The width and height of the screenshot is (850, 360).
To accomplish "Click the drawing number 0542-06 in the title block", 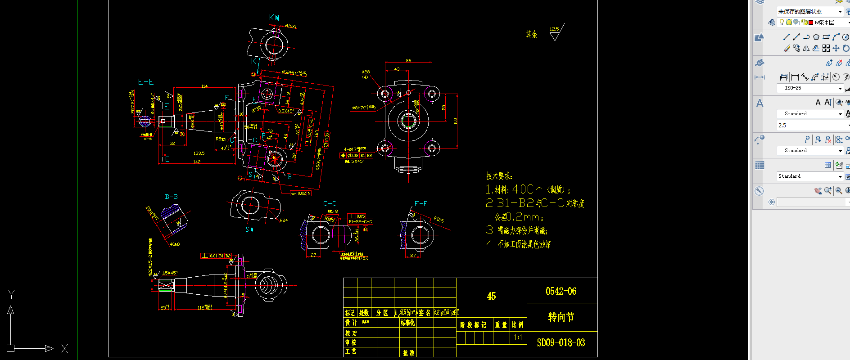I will (561, 291).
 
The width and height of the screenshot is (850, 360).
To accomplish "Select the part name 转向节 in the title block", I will (561, 317).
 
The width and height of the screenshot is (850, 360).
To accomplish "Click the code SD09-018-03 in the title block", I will (561, 343).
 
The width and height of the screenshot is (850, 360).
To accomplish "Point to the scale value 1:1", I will (518, 337).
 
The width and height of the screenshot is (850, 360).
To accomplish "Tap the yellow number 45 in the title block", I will (491, 296).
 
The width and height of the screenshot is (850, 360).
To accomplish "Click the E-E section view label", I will (146, 82).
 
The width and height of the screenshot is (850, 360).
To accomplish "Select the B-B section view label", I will (171, 197).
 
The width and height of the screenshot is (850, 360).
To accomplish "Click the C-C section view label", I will (330, 203).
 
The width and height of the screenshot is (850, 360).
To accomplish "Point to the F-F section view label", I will (421, 203).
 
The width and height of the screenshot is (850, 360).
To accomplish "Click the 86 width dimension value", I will (408, 60).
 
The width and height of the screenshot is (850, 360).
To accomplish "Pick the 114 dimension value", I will (204, 86).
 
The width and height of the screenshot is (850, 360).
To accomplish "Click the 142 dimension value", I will (197, 162).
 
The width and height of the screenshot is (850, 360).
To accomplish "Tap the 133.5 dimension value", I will (199, 153).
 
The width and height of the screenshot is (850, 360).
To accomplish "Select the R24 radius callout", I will (284, 220).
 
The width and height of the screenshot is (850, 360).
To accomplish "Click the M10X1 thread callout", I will (291, 27).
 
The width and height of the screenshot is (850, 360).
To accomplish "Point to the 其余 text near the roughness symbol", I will (531, 34).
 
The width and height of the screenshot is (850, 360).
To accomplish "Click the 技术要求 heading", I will (499, 176).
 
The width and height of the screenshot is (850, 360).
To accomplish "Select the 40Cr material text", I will (527, 189).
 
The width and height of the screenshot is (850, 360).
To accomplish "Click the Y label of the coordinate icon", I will (12, 294).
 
